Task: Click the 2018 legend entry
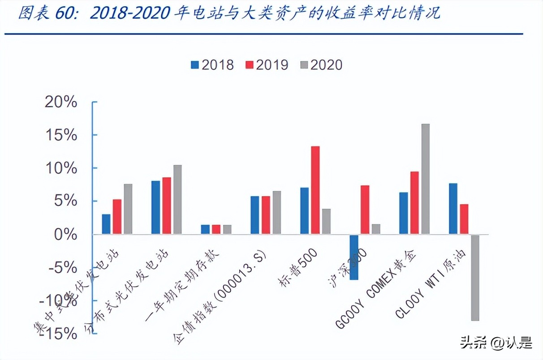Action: tap(212, 65)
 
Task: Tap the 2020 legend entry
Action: tap(321, 65)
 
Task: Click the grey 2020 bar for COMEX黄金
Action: tap(425, 179)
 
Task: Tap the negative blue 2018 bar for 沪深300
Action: tap(354, 257)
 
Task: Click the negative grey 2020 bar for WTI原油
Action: tap(474, 277)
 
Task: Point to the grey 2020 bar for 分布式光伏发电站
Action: tap(177, 199)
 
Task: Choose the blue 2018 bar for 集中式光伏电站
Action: tap(106, 224)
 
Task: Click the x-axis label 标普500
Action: tap(299, 267)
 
